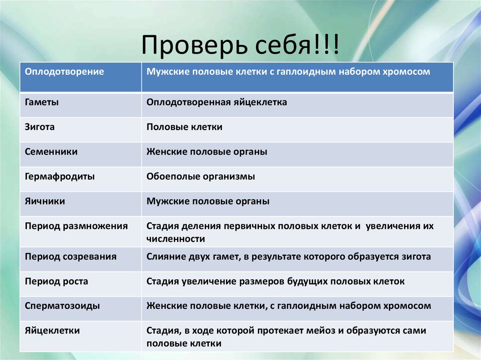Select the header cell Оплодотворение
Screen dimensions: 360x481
(x=64, y=72)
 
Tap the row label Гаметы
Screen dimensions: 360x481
(x=42, y=102)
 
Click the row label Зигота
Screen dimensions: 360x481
(x=40, y=127)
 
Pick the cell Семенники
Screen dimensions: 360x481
(x=51, y=152)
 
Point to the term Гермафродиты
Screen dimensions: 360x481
(x=60, y=176)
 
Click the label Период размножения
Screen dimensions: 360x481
(x=76, y=226)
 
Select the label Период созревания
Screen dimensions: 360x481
(x=70, y=257)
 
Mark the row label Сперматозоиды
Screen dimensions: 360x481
(x=62, y=306)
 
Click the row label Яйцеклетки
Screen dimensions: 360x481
(x=52, y=330)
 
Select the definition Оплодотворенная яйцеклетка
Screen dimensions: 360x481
(x=217, y=102)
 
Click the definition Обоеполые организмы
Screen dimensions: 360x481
(x=201, y=176)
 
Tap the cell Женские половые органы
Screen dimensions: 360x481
(x=207, y=152)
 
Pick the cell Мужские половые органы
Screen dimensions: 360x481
(x=208, y=201)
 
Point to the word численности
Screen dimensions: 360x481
(x=176, y=239)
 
